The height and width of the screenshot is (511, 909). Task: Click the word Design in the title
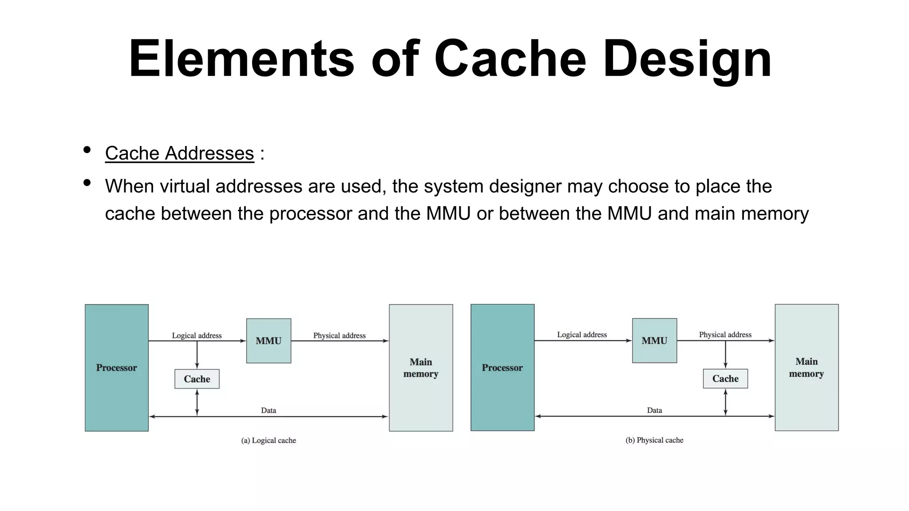tap(687, 59)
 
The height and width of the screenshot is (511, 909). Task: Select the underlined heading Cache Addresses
tap(179, 153)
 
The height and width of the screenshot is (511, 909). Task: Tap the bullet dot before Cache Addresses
tap(87, 150)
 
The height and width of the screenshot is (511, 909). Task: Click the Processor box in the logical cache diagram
tap(116, 368)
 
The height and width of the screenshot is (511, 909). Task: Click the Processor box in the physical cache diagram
tap(502, 368)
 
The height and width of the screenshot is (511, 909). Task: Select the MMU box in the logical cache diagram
tap(269, 341)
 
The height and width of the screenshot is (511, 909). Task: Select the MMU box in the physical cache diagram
tap(654, 341)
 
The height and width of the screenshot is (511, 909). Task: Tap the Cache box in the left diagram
tap(197, 379)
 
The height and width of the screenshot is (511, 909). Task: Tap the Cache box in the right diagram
tap(725, 378)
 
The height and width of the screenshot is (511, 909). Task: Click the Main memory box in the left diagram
tap(421, 368)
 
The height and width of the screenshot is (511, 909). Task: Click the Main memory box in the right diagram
tap(806, 368)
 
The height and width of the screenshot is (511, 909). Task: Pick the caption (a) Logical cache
tap(269, 440)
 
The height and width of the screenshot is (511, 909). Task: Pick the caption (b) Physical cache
tap(654, 440)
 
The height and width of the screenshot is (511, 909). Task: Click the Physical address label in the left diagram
tap(339, 335)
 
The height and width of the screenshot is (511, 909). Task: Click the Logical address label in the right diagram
tap(582, 334)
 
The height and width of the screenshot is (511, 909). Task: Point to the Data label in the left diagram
tap(269, 410)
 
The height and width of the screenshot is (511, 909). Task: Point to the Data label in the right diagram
tap(654, 410)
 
